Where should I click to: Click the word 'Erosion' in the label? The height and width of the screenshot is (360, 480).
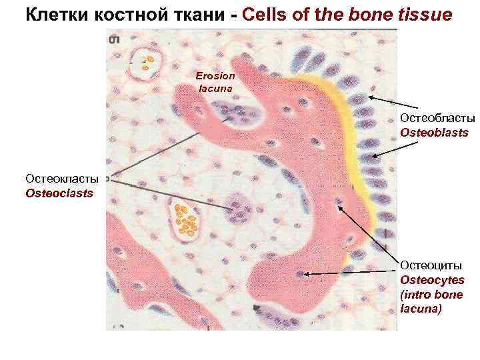[215, 76]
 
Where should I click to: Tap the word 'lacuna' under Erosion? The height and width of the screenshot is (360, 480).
[213, 87]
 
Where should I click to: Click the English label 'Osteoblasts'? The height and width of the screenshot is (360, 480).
[434, 133]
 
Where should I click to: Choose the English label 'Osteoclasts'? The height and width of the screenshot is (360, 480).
[59, 193]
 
